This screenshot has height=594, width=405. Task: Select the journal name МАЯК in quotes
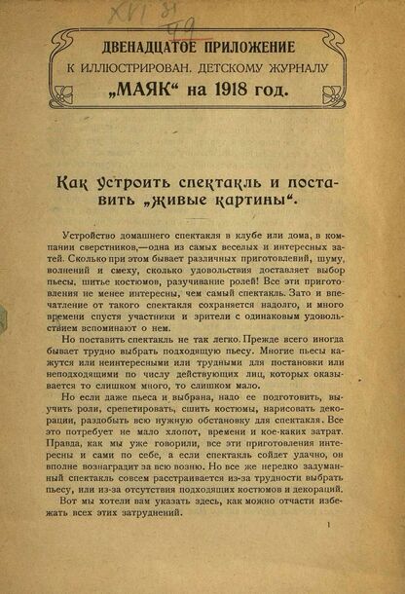159,93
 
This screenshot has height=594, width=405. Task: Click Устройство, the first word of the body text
92,238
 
